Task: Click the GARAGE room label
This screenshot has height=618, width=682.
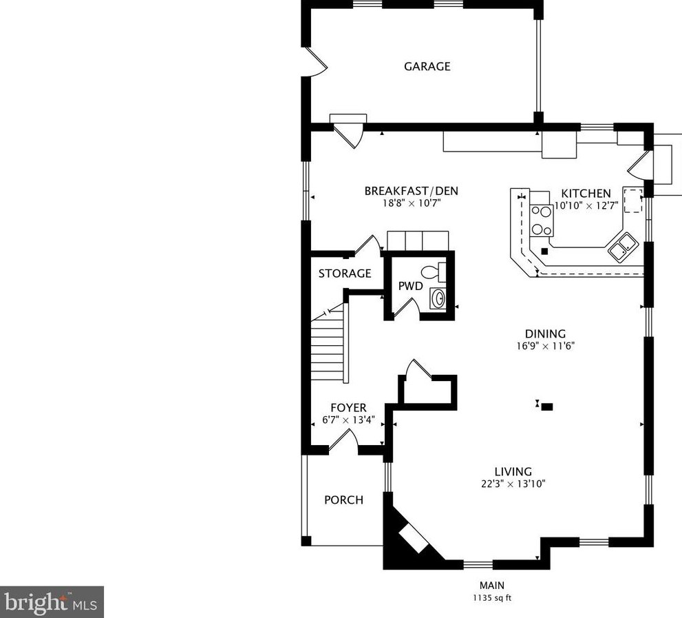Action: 427,66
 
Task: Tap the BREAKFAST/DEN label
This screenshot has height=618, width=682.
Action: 411,191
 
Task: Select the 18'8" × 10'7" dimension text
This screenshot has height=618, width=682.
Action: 412,203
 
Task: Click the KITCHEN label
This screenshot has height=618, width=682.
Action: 586,194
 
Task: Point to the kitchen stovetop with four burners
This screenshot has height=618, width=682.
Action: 542,220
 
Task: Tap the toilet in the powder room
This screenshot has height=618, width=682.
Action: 434,271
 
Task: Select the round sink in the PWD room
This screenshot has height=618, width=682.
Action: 438,298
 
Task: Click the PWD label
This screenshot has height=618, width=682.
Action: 411,286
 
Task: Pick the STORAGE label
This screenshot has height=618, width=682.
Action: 345,274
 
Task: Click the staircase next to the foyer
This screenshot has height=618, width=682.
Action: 330,343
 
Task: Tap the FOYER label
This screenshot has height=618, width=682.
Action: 348,408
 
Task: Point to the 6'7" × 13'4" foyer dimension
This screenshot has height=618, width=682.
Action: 348,420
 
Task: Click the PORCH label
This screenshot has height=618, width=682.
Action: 343,500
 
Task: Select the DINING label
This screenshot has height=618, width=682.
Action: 546,334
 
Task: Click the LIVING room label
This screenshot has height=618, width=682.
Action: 513,472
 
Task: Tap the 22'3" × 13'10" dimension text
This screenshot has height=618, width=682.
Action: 513,484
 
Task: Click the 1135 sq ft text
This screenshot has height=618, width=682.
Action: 492,598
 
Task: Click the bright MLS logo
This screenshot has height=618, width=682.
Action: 52,602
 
